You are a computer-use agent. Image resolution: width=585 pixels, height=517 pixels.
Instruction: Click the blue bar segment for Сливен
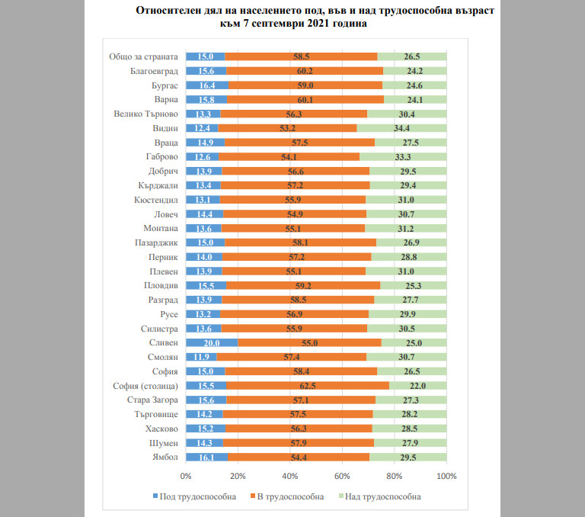click(212, 343)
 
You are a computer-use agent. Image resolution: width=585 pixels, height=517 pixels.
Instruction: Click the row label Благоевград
click(154, 71)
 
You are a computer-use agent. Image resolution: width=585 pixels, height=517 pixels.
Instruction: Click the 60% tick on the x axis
click(342, 477)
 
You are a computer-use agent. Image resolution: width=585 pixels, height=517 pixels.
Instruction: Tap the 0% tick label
click(186, 477)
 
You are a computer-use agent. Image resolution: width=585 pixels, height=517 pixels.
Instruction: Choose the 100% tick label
click(446, 477)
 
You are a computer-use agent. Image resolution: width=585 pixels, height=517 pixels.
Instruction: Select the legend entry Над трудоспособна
click(378, 496)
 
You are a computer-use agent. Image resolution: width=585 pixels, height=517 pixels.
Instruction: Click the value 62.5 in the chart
click(308, 386)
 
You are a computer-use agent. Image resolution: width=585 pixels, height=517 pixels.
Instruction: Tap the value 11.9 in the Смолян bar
click(201, 358)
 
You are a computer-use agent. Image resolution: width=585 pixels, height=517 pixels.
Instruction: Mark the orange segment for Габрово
click(289, 157)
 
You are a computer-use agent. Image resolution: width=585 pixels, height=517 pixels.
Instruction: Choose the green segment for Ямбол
click(408, 458)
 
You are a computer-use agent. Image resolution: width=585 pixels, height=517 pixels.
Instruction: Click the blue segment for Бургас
click(207, 85)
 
